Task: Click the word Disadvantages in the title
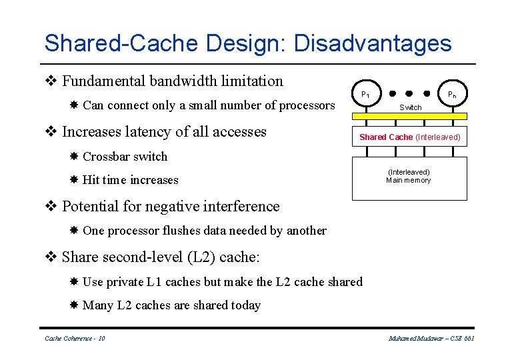[372, 44]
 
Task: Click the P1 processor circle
[365, 94]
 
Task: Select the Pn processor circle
[451, 94]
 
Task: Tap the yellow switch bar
[409, 116]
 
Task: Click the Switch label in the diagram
[410, 107]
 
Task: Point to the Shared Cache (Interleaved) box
[410, 137]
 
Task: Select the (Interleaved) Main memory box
[409, 177]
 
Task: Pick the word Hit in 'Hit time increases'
[91, 180]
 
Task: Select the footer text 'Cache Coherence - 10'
[75, 339]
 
